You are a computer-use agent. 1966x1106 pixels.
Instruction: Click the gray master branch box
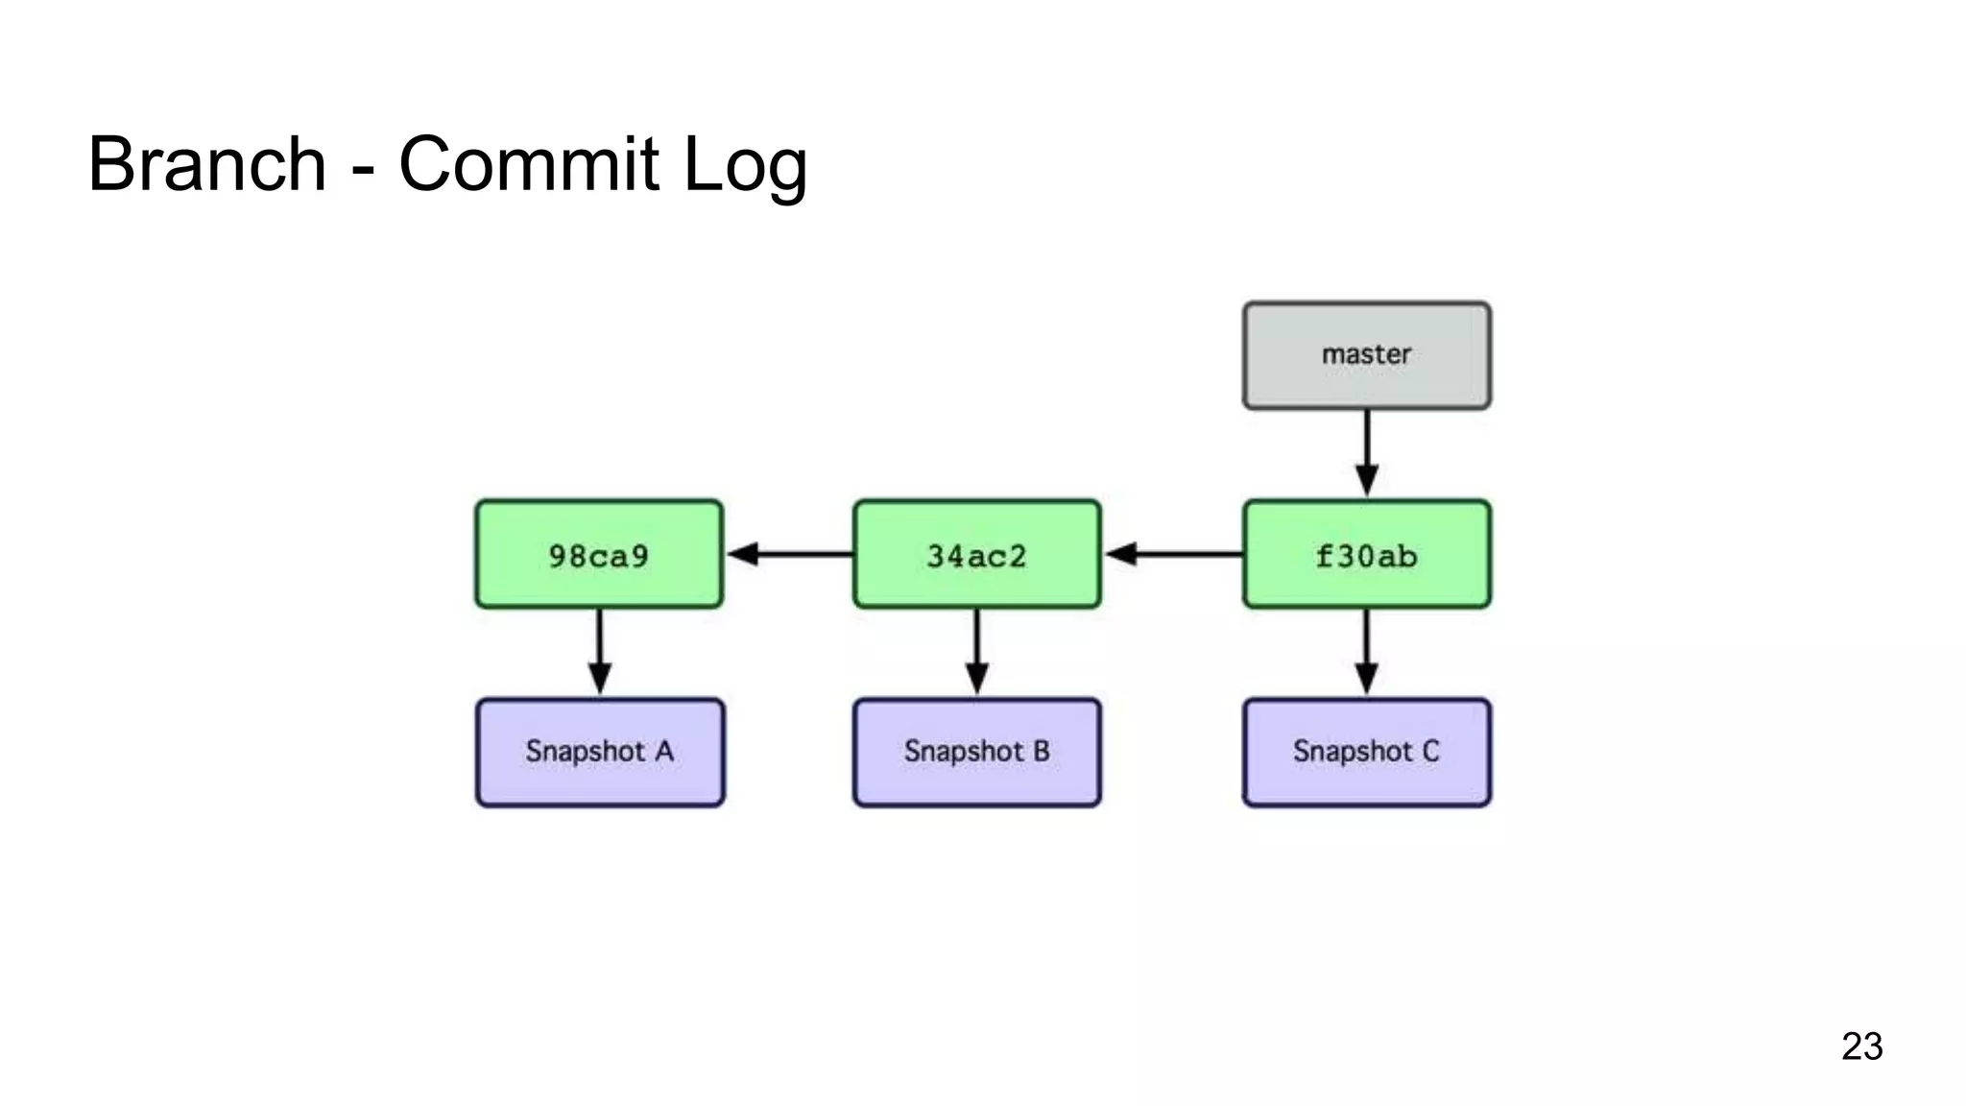pyautogui.click(x=1366, y=355)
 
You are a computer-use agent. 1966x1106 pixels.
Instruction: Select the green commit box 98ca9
pyautogui.click(x=599, y=554)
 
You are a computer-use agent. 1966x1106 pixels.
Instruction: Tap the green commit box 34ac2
pyautogui.click(x=976, y=554)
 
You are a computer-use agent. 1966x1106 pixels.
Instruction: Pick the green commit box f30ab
pyautogui.click(x=1366, y=554)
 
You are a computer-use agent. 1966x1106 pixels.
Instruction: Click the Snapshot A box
pyautogui.click(x=600, y=752)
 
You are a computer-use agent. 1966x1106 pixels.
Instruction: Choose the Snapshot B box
pyautogui.click(x=976, y=752)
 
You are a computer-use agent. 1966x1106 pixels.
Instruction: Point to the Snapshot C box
pyautogui.click(x=1366, y=752)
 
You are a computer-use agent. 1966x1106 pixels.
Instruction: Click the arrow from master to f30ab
pyautogui.click(x=1366, y=451)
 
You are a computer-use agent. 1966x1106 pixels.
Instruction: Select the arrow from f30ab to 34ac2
pyautogui.click(x=1173, y=554)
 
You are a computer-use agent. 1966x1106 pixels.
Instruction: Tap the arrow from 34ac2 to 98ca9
pyautogui.click(x=789, y=554)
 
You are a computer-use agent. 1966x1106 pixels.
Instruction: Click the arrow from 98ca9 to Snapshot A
pyautogui.click(x=599, y=651)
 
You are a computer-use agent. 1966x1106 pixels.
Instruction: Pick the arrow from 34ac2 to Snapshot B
pyautogui.click(x=976, y=651)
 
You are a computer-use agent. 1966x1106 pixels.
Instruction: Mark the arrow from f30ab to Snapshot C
pyautogui.click(x=1366, y=651)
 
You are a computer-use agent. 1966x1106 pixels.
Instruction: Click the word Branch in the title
pyautogui.click(x=207, y=164)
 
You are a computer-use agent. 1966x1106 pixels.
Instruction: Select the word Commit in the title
pyautogui.click(x=529, y=164)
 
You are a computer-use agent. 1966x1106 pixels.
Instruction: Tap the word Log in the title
pyautogui.click(x=745, y=166)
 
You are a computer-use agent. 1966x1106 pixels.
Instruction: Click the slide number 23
pyautogui.click(x=1861, y=1046)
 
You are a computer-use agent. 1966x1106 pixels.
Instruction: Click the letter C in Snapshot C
pyautogui.click(x=1430, y=751)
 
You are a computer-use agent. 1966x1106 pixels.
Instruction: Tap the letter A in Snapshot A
pyautogui.click(x=664, y=751)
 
